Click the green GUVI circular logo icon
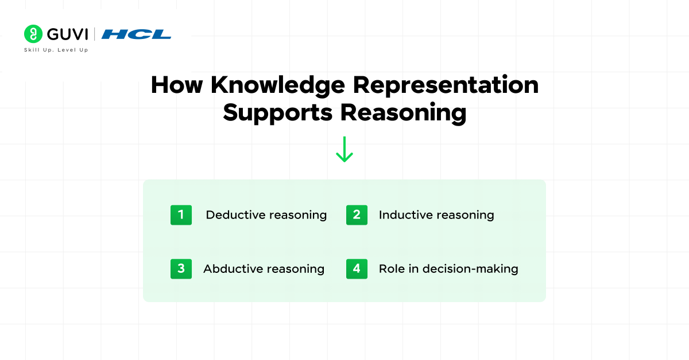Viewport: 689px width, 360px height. (33, 34)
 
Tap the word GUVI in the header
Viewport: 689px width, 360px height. (68, 34)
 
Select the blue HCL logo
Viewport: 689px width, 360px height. (137, 34)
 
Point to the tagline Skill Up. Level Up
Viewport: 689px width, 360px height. (56, 50)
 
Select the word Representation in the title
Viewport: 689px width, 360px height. (446, 85)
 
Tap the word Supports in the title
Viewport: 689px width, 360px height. (278, 112)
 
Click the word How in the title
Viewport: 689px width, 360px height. (177, 85)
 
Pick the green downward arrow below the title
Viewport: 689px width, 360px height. (344, 149)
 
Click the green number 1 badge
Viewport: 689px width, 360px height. (181, 215)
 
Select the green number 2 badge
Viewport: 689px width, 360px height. (357, 215)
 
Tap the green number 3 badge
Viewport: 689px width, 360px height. (181, 268)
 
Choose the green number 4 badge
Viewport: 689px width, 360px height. (357, 268)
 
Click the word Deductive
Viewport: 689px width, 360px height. (233, 215)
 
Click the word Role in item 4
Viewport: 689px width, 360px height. (392, 269)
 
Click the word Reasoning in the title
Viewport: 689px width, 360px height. (403, 112)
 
